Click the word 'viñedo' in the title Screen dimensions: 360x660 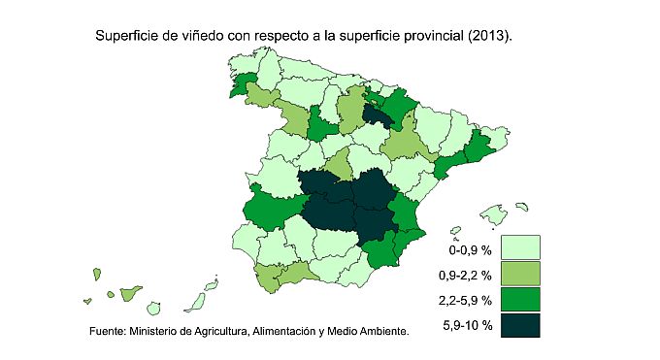pyautogui.click(x=198, y=37)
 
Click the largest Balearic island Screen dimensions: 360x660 pyautogui.click(x=490, y=214)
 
